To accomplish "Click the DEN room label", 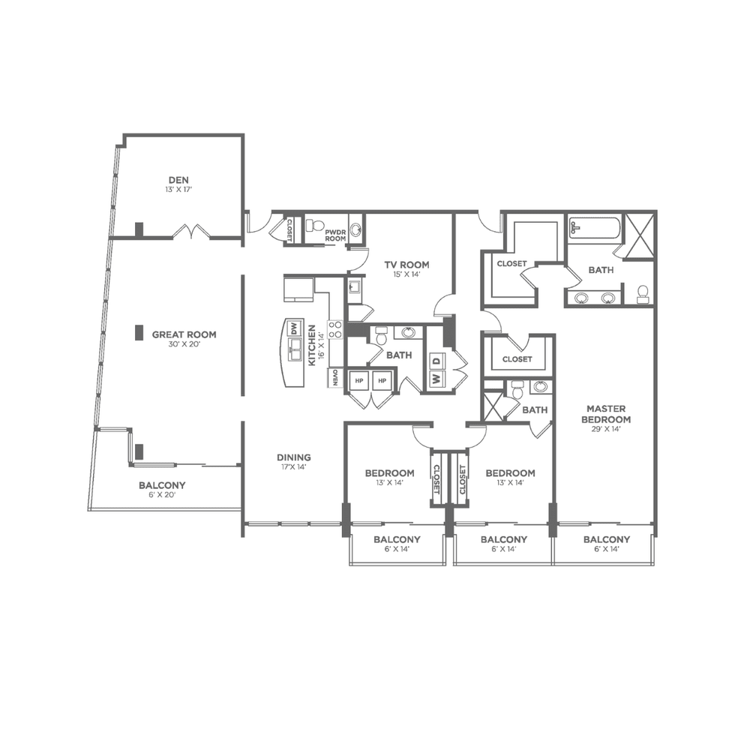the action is pyautogui.click(x=178, y=180).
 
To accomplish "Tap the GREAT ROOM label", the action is pyautogui.click(x=184, y=334).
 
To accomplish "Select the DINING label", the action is pyautogui.click(x=294, y=457).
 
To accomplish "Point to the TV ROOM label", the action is pyautogui.click(x=406, y=265).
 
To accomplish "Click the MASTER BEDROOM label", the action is pyautogui.click(x=606, y=414).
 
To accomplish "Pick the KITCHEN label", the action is pyautogui.click(x=312, y=345).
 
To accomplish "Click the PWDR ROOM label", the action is pyautogui.click(x=335, y=235).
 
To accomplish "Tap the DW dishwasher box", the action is pyautogui.click(x=294, y=328).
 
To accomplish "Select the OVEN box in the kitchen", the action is pyautogui.click(x=334, y=378).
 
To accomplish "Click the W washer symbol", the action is pyautogui.click(x=436, y=378).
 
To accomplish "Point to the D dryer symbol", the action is pyautogui.click(x=437, y=360).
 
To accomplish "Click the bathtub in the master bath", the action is pyautogui.click(x=595, y=227).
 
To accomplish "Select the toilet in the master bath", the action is pyautogui.click(x=643, y=294).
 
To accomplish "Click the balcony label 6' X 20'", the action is pyautogui.click(x=162, y=494).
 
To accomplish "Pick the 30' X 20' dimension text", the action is pyautogui.click(x=184, y=344).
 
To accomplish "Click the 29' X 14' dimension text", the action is pyautogui.click(x=606, y=429).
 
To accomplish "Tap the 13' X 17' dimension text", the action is pyautogui.click(x=178, y=190).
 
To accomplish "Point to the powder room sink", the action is pyautogui.click(x=355, y=230).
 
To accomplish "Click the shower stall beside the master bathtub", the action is pyautogui.click(x=640, y=236).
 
